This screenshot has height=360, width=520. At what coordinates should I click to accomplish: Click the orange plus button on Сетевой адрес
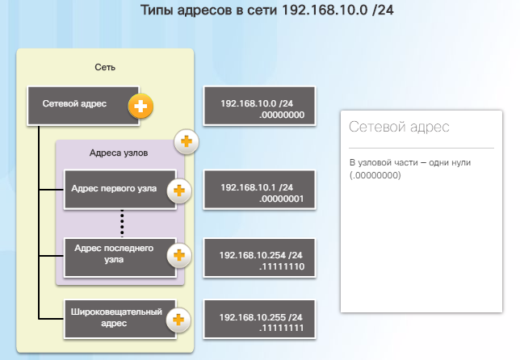tap(140, 107)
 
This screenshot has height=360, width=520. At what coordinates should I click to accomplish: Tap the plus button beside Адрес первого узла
tap(179, 191)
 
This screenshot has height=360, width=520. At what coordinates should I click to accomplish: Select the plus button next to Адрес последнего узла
tap(179, 255)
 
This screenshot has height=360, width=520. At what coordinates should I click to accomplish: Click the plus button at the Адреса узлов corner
tap(187, 141)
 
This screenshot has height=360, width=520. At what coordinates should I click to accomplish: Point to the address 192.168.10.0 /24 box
tap(259, 106)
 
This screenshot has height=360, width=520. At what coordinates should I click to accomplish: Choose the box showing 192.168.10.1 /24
tap(259, 190)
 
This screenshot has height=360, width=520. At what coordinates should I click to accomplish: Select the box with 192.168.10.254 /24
tap(259, 258)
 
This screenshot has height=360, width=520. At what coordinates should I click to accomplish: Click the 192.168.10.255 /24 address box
tap(259, 320)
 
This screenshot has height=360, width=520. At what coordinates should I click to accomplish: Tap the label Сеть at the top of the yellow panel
tap(105, 67)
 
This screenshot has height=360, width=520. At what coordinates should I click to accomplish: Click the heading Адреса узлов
tap(119, 153)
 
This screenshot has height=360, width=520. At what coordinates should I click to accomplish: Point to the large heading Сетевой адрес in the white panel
tap(399, 127)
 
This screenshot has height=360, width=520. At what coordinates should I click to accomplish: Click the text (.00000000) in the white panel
tap(375, 175)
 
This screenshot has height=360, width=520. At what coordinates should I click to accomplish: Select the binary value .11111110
tap(282, 266)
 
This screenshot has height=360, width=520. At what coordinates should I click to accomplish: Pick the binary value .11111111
tap(282, 328)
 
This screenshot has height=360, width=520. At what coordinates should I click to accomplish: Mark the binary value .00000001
tap(282, 199)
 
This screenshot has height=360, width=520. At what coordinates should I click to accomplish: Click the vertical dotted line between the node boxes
tap(122, 223)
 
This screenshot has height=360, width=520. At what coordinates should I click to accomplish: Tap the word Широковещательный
tap(116, 312)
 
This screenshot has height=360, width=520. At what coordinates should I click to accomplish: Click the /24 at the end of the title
tap(383, 10)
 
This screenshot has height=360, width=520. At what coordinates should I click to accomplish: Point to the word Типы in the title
tap(157, 10)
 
